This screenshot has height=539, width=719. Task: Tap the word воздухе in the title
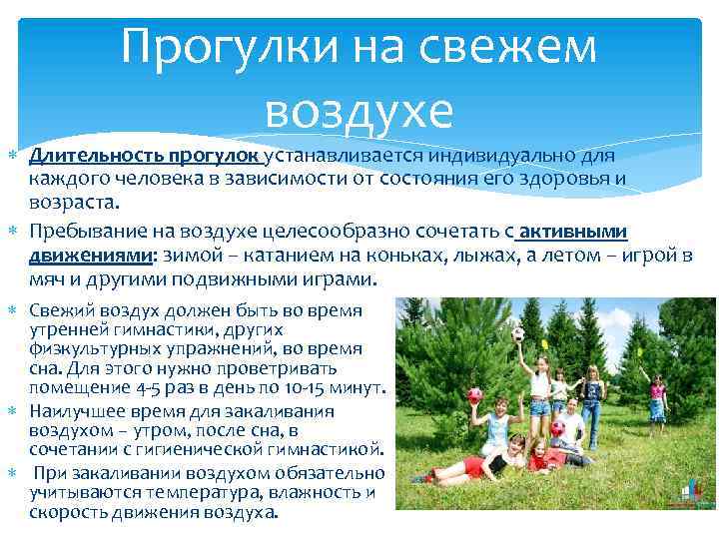[359, 112]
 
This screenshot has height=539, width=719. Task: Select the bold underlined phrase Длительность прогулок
[144, 157]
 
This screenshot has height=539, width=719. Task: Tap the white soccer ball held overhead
[518, 335]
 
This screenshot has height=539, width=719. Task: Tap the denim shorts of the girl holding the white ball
[540, 406]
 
